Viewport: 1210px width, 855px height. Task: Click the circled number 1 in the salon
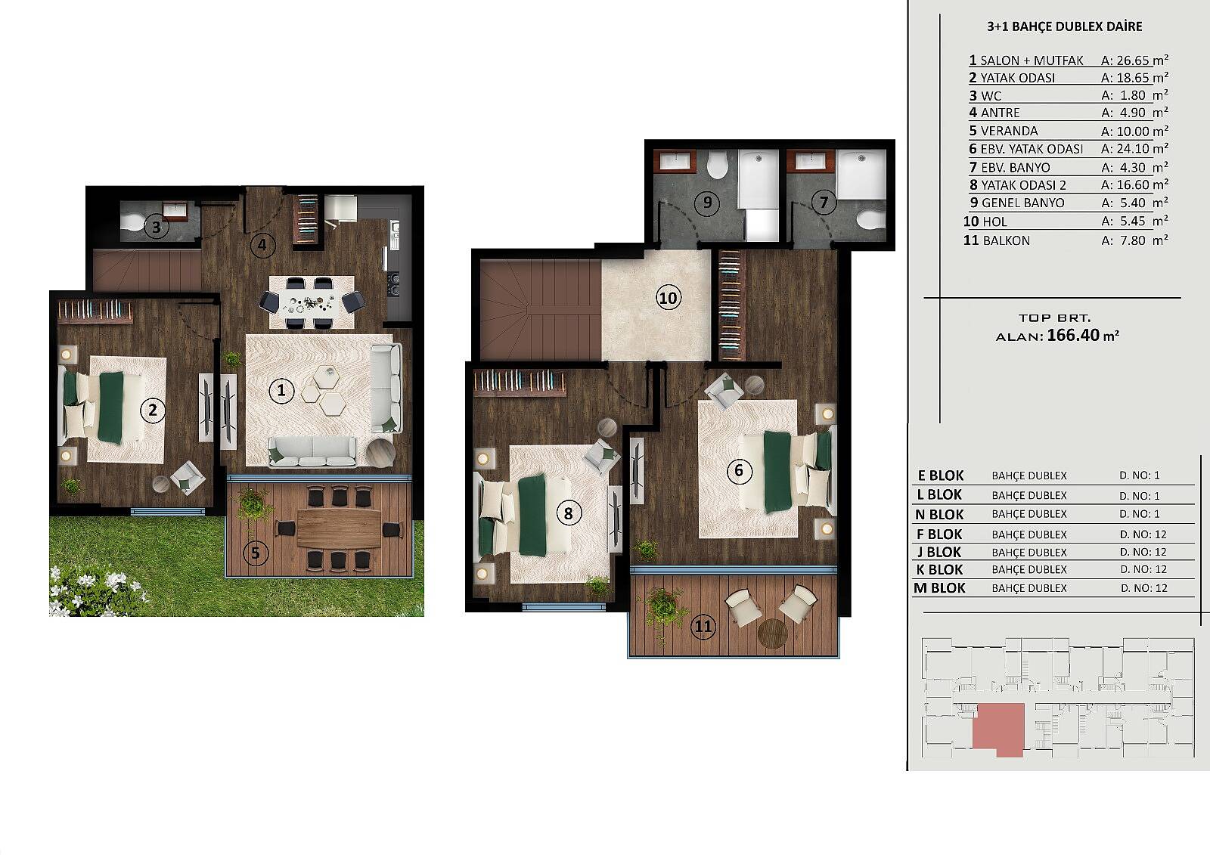coord(281,391)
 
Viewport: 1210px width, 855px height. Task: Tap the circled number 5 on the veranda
coord(256,553)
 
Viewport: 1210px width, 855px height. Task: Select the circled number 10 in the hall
coord(669,298)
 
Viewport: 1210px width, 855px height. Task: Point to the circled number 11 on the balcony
coord(703,627)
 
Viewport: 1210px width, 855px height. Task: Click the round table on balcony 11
coord(772,633)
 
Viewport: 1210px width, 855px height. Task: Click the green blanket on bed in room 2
coord(111,407)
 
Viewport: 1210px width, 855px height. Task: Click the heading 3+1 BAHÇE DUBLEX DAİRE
coord(1064,26)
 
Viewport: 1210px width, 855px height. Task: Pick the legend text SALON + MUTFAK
coord(1032,60)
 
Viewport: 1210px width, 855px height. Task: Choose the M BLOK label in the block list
coord(939,588)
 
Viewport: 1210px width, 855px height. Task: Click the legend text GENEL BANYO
coord(1022,203)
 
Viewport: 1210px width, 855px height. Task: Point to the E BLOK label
coord(941,476)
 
